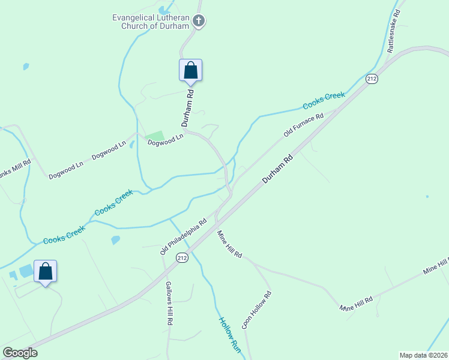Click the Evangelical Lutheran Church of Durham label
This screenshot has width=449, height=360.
click(151, 21)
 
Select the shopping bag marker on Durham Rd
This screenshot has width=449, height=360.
click(190, 70)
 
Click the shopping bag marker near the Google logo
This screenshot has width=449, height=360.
click(46, 271)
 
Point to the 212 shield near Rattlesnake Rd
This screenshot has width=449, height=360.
click(372, 79)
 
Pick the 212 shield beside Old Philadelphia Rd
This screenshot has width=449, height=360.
click(182, 257)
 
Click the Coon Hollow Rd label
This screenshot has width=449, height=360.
click(257, 310)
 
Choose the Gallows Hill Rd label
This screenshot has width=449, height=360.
click(169, 303)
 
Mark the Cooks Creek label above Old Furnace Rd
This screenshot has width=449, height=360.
click(324, 101)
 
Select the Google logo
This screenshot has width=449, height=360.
click(20, 353)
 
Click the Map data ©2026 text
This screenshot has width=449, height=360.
click(423, 355)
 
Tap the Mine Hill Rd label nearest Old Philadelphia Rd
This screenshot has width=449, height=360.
click(229, 244)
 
